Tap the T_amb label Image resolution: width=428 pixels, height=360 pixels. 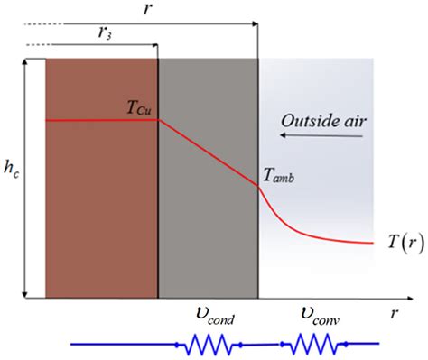click(x=279, y=178)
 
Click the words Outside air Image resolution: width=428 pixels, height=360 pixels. click(x=322, y=119)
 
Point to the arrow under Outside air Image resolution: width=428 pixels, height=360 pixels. click(x=322, y=136)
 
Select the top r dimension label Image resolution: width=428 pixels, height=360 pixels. click(x=147, y=8)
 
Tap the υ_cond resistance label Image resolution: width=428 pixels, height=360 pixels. click(x=212, y=318)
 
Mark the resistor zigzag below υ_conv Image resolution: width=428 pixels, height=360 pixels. click(x=312, y=344)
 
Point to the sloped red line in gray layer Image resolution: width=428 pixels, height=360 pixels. click(x=208, y=152)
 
